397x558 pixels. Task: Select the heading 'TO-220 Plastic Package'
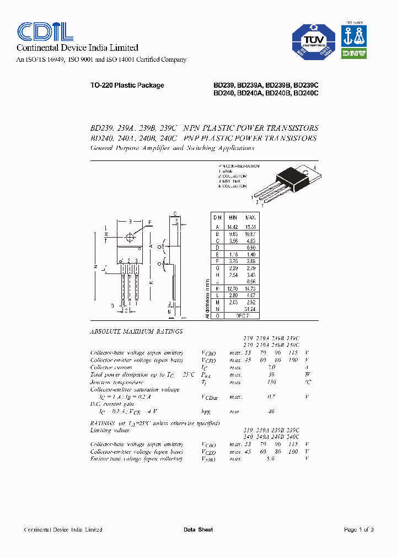(127, 85)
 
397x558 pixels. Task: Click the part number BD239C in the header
(307, 85)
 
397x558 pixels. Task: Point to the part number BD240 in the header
(223, 94)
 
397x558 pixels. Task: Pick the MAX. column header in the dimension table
(251, 218)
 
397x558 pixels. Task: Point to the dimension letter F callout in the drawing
(149, 223)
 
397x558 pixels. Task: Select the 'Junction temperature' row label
(117, 382)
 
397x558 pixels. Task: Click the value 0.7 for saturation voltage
(271, 396)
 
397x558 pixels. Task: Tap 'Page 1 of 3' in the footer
(358, 530)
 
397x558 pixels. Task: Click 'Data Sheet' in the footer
(198, 530)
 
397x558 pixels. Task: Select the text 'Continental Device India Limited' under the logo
(77, 48)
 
